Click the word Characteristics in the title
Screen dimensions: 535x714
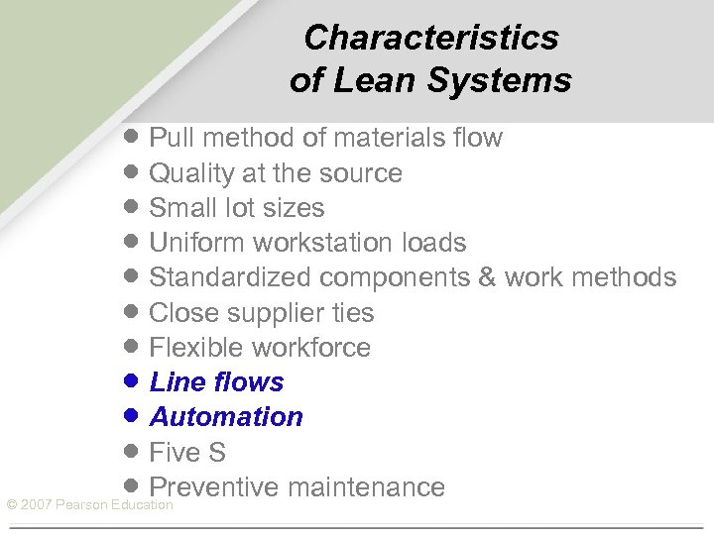coord(431,38)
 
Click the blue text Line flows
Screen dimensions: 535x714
coord(216,382)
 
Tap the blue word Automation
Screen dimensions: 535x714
coord(226,417)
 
